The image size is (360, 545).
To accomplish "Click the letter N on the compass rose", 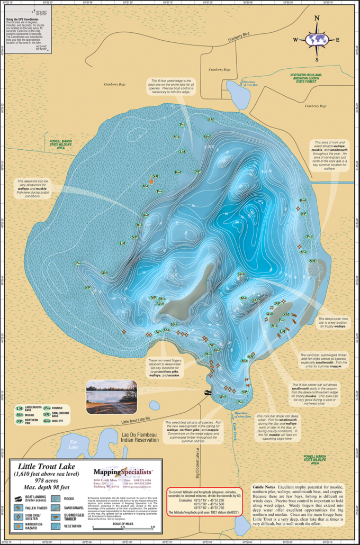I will (317, 18).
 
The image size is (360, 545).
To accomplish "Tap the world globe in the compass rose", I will (317, 39).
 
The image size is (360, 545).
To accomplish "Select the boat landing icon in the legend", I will (18, 498).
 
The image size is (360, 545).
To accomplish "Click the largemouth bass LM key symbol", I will (20, 408).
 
